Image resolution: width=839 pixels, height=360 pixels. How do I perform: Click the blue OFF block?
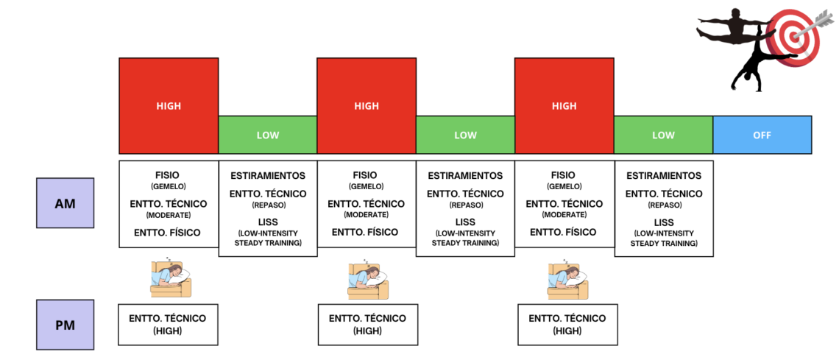[762, 135]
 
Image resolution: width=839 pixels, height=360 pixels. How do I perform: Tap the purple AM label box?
[66, 203]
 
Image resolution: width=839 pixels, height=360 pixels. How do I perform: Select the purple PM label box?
[66, 325]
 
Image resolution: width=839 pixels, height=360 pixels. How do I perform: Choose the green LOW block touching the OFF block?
[664, 135]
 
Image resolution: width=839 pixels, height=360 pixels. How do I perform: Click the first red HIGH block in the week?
[169, 106]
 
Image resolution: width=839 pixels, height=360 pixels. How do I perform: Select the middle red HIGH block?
[367, 106]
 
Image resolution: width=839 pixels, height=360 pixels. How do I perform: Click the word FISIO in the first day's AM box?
[169, 175]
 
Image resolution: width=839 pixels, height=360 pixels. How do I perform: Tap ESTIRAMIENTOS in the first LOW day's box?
[268, 175]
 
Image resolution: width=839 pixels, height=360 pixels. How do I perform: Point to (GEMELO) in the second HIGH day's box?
[367, 187]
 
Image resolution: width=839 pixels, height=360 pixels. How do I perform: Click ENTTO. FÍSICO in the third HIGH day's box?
[564, 232]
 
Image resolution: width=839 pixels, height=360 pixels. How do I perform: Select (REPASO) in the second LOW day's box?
[466, 205]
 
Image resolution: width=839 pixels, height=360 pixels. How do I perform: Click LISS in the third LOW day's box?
[664, 222]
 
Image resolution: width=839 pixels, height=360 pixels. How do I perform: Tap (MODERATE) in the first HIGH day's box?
[169, 215]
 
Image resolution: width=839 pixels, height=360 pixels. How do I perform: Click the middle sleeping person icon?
[368, 279]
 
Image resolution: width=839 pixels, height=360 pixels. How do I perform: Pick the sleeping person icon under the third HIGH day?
[567, 279]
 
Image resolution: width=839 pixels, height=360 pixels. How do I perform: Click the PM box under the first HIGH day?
[168, 325]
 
